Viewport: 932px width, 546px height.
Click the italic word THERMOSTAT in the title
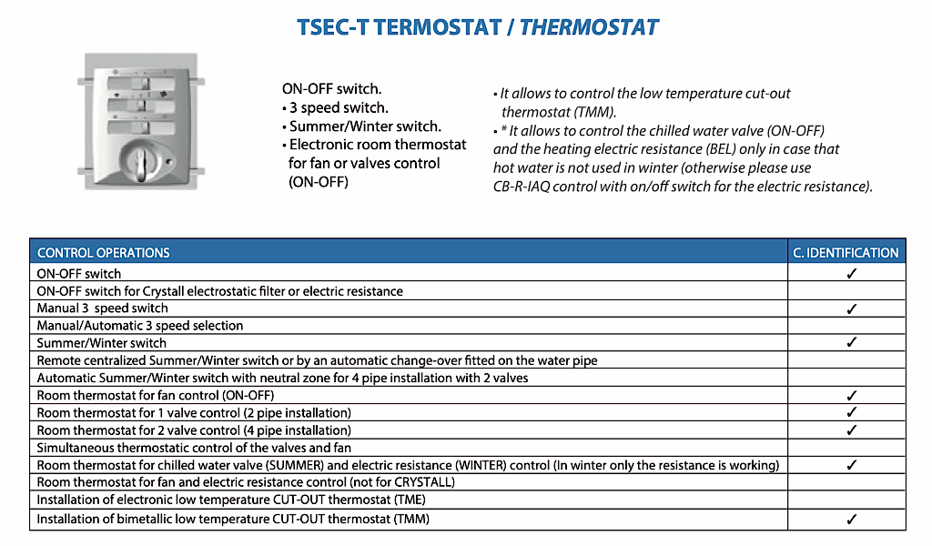click(x=589, y=27)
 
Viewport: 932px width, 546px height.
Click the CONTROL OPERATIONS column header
click(x=104, y=252)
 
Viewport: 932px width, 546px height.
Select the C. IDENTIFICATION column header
click(x=846, y=252)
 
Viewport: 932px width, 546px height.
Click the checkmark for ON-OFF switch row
click(x=852, y=273)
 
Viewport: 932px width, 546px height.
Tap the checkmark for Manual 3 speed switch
click(x=852, y=308)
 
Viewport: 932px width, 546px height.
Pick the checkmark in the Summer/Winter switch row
click(x=852, y=342)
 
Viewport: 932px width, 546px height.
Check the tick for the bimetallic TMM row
click(x=852, y=519)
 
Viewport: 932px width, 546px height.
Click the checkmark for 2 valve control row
click(x=852, y=430)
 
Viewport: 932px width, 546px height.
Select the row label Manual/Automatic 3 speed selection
click(x=140, y=326)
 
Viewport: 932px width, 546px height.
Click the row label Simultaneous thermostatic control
click(x=194, y=448)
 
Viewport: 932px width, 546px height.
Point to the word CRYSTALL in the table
click(x=422, y=482)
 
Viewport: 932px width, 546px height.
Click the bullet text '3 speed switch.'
click(x=339, y=107)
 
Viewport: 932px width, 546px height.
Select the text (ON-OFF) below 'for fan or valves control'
click(x=319, y=182)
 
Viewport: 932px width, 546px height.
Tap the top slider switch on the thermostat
click(x=141, y=84)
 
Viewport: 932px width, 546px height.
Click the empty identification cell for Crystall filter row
click(x=846, y=290)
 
